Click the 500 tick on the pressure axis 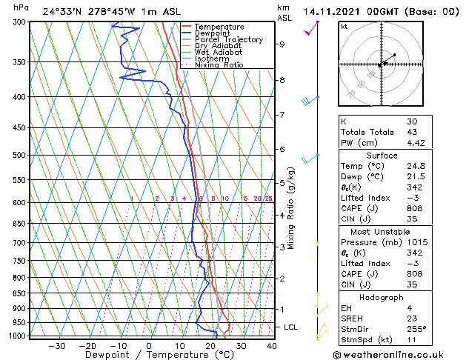pyautogui.click(x=20, y=155)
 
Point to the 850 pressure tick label pyautogui.click(x=20, y=293)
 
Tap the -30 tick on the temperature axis pyautogui.click(x=57, y=345)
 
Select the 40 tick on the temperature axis pyautogui.click(x=272, y=345)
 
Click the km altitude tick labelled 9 pyautogui.click(x=282, y=44)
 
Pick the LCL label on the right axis pyautogui.click(x=292, y=327)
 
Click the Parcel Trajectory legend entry pyautogui.click(x=228, y=39)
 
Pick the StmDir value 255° pyautogui.click(x=416, y=329)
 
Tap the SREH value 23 pyautogui.click(x=411, y=318)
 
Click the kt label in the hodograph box pyautogui.click(x=344, y=27)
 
